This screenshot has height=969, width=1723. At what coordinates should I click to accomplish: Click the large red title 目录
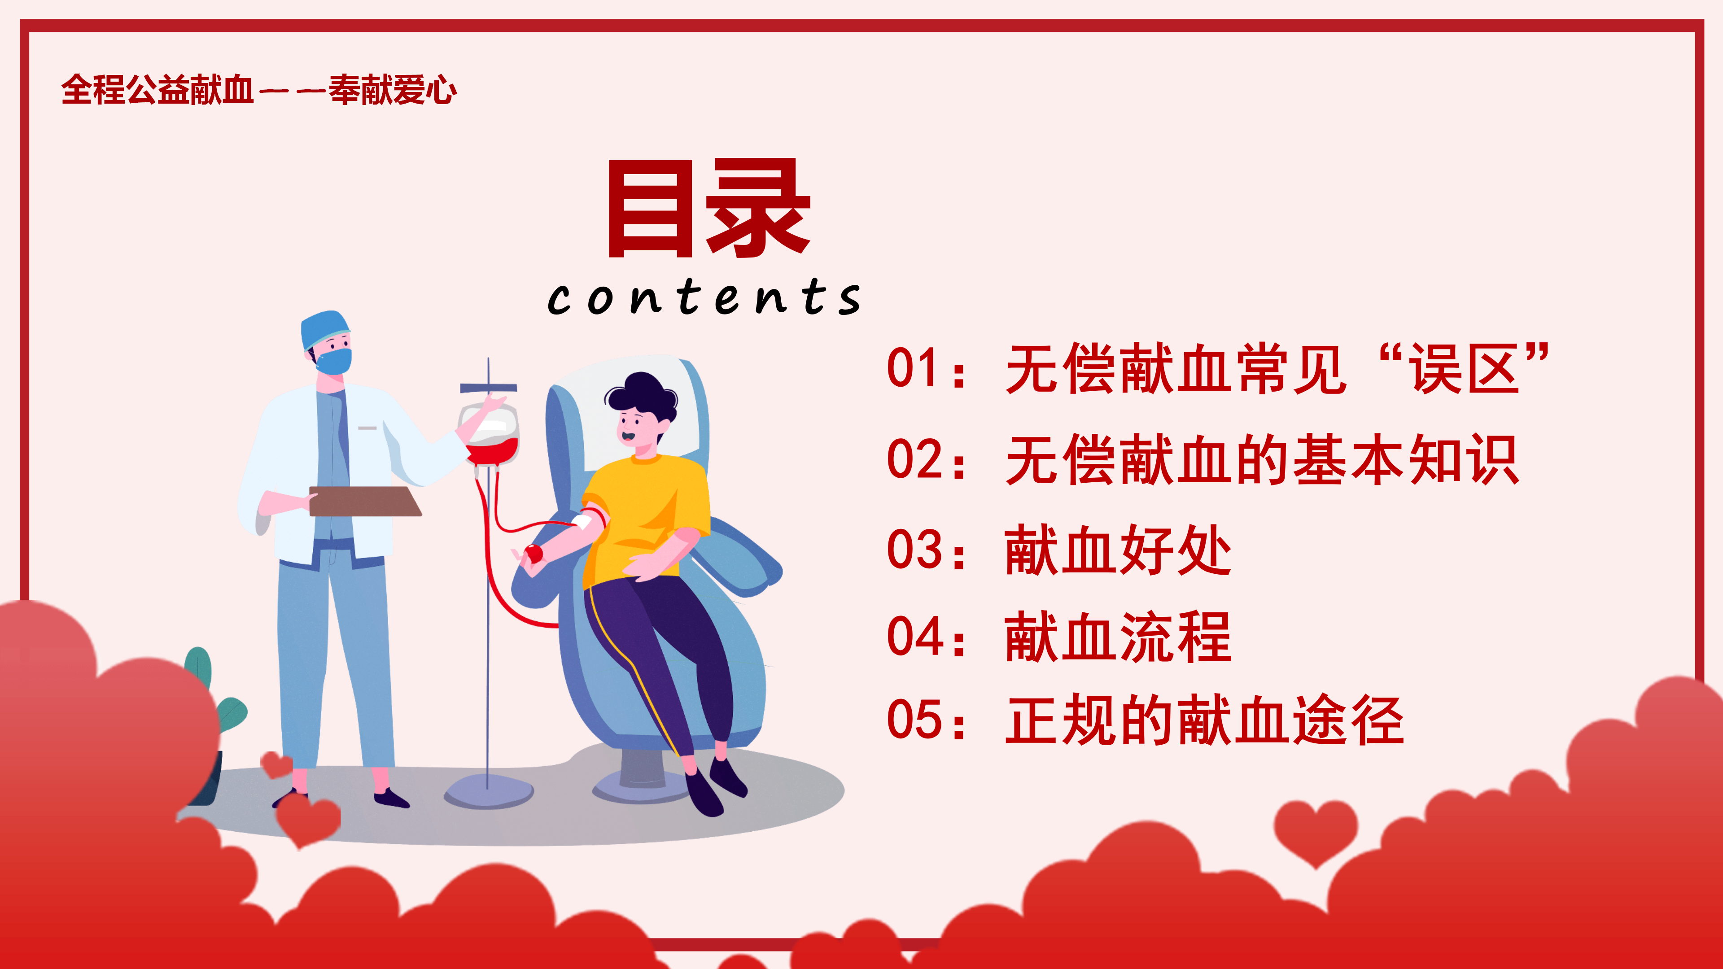[x=709, y=208]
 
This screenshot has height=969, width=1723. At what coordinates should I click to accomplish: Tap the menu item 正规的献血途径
[x=1204, y=720]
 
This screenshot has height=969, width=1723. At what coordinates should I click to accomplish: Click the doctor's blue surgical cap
[x=324, y=328]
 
